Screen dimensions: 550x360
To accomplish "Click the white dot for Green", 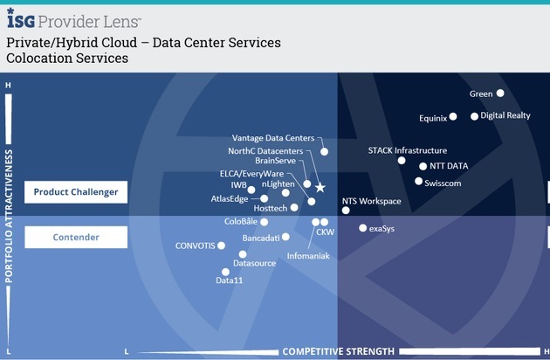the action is pos(500,93).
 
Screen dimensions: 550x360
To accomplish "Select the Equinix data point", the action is pos(453,116).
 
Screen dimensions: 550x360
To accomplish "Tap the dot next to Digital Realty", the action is pos(474,116).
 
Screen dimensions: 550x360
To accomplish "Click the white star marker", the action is pos(320,188).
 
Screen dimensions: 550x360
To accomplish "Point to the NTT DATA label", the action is pos(449,166).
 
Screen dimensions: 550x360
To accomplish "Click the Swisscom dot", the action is pos(418,181).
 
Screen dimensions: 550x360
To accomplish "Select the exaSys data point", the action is pos(362,228).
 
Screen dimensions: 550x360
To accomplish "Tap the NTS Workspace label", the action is pos(371,201).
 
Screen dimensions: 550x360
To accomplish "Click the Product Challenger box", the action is pos(76,192).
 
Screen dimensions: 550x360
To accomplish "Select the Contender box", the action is pos(76,237).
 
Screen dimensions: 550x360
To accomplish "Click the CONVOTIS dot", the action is pos(221,246).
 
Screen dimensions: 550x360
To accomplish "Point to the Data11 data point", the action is pos(225,272).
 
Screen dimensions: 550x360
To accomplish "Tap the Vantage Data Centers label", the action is pos(273,138).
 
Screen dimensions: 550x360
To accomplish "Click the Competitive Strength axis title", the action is pos(338,351).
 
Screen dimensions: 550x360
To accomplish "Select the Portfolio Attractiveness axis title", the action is pos(9,216).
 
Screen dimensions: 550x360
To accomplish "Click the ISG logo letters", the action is pos(21,19).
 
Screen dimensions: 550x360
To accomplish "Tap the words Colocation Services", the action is pos(67,58).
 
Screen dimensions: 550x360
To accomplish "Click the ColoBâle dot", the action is pos(265,222).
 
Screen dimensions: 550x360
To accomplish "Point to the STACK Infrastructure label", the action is pos(407,150).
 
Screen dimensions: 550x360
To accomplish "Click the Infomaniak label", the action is pos(308,256).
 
